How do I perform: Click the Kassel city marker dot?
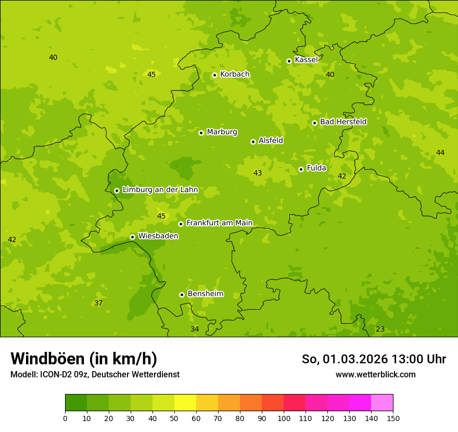click(x=289, y=61)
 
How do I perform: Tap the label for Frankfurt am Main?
click(x=219, y=223)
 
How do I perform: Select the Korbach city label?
click(x=235, y=74)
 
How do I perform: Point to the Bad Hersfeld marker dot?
click(x=314, y=123)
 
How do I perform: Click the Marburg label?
click(x=222, y=132)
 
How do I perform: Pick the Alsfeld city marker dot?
click(x=253, y=142)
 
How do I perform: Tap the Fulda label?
click(x=316, y=168)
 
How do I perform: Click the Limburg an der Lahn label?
click(x=160, y=189)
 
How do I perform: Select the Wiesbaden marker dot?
click(x=132, y=237)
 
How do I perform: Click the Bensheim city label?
click(x=205, y=294)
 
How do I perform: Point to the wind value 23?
click(x=380, y=329)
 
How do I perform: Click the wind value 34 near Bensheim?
click(x=195, y=329)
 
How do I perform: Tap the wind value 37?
click(x=98, y=303)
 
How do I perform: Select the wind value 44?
click(x=440, y=153)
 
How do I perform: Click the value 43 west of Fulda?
click(x=258, y=173)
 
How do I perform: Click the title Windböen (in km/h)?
click(x=84, y=359)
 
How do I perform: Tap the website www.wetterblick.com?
click(x=375, y=374)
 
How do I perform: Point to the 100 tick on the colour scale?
click(x=284, y=417)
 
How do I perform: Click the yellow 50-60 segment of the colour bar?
click(x=185, y=402)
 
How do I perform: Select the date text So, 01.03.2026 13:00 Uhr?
click(x=374, y=359)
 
